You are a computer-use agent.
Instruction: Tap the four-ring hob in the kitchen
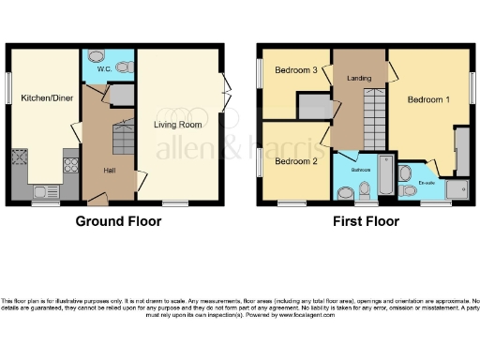(x=70, y=166)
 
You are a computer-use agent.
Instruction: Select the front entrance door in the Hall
(x=97, y=199)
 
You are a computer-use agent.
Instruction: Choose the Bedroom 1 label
(x=427, y=98)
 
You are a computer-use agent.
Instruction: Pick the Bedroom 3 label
(x=294, y=70)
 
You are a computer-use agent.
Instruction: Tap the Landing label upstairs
(x=360, y=78)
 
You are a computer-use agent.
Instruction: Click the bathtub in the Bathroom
(x=385, y=177)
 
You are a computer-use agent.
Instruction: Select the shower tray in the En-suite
(x=457, y=191)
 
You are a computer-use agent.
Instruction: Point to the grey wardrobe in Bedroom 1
(x=460, y=149)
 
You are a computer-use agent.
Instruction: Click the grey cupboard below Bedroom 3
(x=310, y=106)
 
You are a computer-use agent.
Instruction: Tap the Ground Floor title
(x=117, y=222)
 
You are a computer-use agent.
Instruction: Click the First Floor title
(x=366, y=222)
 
